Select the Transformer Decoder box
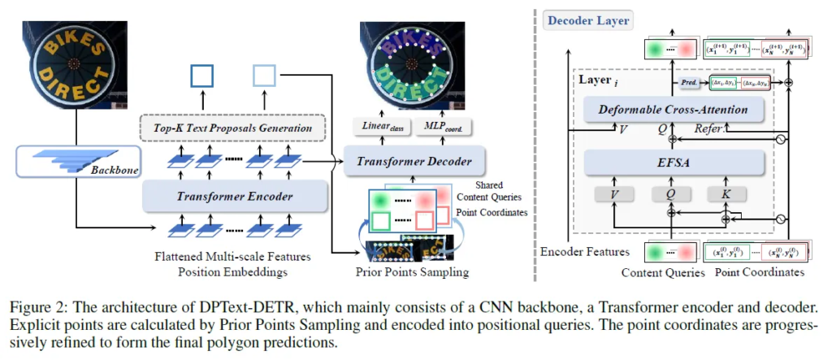pos(414,161)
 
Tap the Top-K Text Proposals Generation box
pos(233,128)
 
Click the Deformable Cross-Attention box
pos(674,109)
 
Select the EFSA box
pos(674,163)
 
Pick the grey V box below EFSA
pos(613,195)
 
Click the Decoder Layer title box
pos(588,20)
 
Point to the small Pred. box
pos(690,83)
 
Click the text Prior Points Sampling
pos(412,271)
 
